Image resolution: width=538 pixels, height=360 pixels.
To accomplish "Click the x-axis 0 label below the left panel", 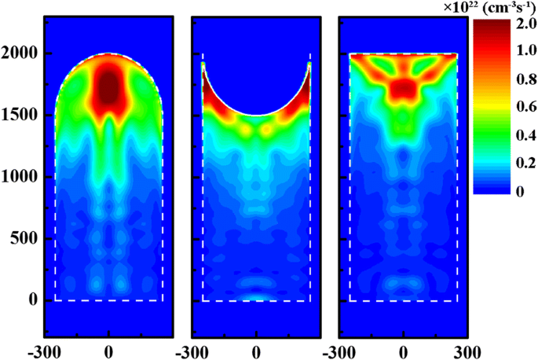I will tap(108, 347).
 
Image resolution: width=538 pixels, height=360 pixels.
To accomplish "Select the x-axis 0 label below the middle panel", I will tap(256, 347).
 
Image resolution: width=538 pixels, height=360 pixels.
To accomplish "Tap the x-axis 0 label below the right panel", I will tap(403, 347).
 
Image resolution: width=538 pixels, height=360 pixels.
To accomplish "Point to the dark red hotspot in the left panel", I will tap(108, 88).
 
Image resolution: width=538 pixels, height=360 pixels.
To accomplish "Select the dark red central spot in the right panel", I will tap(403, 87).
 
